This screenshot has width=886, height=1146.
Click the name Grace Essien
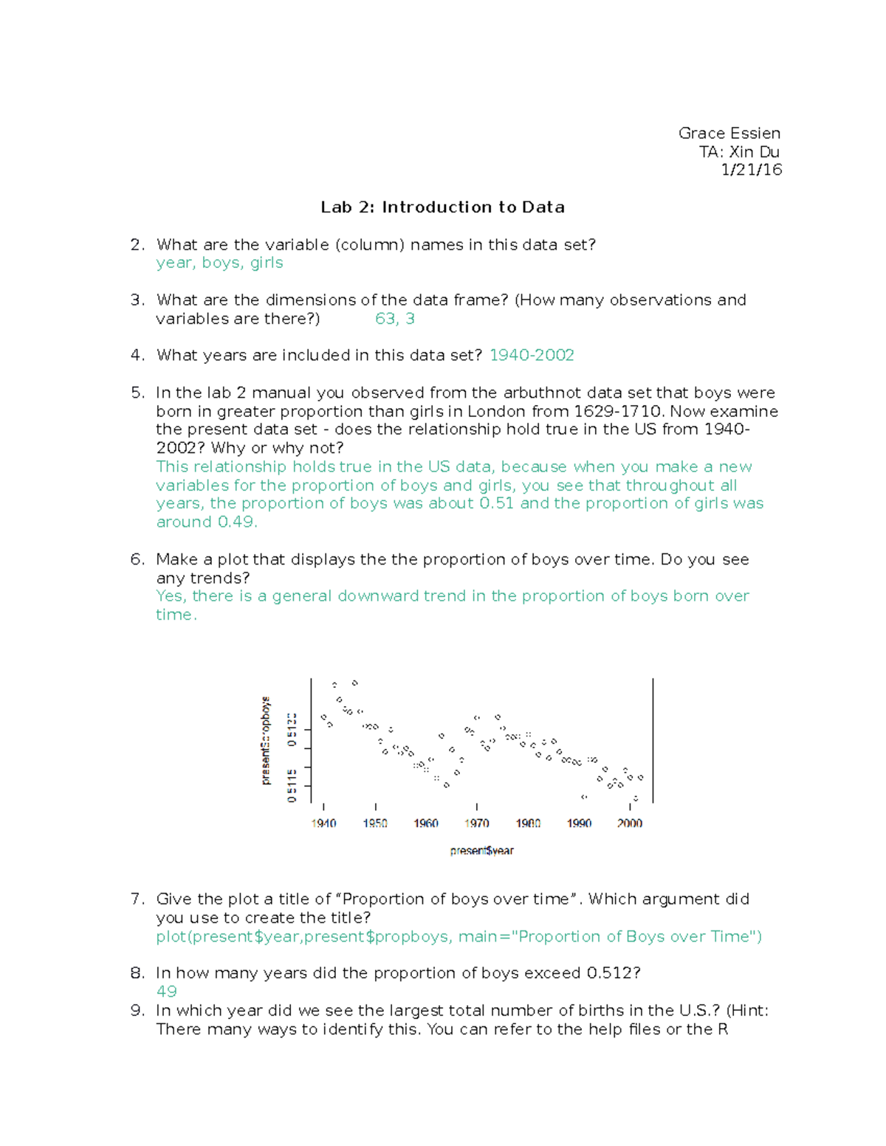729,134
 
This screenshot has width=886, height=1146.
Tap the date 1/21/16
751,170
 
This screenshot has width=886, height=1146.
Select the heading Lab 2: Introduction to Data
442,207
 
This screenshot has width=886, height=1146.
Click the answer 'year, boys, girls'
219,263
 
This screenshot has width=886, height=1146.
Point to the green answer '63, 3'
394,319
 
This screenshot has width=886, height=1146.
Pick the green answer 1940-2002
532,356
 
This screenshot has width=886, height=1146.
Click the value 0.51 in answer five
496,503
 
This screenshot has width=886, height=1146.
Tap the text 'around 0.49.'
207,522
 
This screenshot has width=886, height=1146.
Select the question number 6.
137,559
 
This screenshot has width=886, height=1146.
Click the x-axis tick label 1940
323,824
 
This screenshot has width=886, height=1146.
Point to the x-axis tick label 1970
476,824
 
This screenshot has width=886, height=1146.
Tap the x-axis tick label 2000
629,824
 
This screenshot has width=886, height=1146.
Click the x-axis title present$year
481,851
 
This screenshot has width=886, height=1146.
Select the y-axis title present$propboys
266,740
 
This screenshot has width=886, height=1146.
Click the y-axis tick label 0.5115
292,785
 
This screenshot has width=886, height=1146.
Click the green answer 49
166,992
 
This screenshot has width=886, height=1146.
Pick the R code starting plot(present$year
458,936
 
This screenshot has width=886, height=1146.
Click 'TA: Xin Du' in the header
739,152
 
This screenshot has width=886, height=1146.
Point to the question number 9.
137,1010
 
